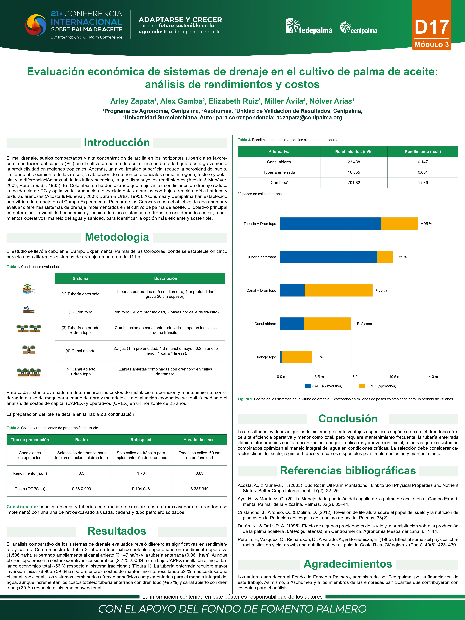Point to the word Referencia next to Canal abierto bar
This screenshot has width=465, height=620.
[x=366, y=324]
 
